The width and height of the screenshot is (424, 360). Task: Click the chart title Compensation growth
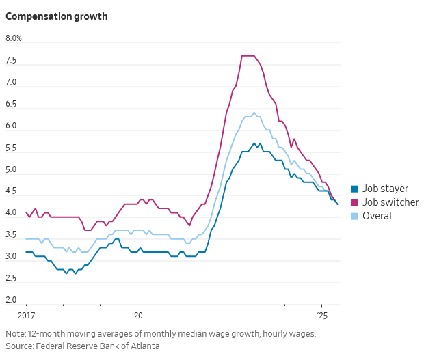(x=56, y=16)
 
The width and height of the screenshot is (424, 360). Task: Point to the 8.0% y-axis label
(x=14, y=38)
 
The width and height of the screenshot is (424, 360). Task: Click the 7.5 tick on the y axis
(x=12, y=61)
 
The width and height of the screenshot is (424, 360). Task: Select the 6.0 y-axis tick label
(x=12, y=126)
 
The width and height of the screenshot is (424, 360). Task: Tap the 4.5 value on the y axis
(x=12, y=191)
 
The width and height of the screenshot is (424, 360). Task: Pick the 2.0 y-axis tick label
(x=12, y=300)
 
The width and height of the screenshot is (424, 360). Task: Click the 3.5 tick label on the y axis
(x=12, y=235)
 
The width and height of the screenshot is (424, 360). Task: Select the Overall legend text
(x=378, y=216)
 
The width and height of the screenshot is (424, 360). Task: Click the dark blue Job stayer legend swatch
(x=354, y=189)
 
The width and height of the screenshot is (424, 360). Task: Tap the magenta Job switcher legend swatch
(x=354, y=202)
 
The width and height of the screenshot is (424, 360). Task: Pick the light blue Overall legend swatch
(x=354, y=216)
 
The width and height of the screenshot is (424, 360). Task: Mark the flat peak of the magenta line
(x=248, y=56)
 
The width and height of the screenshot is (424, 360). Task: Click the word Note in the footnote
(x=15, y=334)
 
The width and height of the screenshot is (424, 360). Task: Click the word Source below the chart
(x=19, y=346)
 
